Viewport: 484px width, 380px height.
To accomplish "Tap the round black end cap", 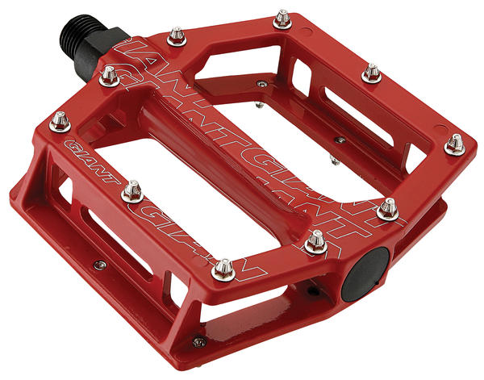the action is click(x=365, y=275).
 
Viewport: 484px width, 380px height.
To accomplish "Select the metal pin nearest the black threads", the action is click(x=109, y=77).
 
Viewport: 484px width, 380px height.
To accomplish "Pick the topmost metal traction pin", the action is click(x=282, y=19).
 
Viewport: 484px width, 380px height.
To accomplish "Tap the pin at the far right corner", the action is click(x=455, y=144).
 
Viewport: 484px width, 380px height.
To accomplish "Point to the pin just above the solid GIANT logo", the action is click(x=60, y=122).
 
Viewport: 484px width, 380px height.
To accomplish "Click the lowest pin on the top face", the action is click(x=223, y=270).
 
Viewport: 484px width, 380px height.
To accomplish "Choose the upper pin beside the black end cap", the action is click(x=388, y=209).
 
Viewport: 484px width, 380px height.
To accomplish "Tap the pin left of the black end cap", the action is click(x=315, y=242).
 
